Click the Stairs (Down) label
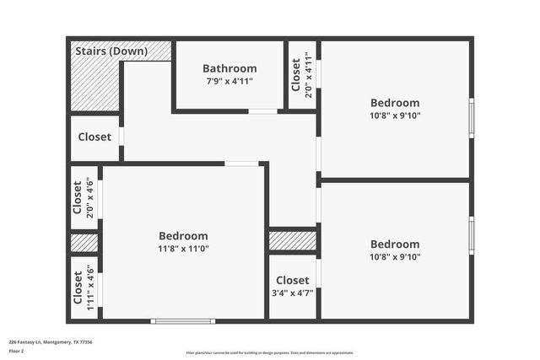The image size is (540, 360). point(111,51)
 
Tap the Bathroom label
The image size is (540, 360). point(229,68)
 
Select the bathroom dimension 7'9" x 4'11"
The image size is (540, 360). point(229,81)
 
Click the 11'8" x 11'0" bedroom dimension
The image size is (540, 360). point(183,250)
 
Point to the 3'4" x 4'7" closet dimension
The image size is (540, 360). point(292,293)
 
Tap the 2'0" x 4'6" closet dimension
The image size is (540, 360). point(90,198)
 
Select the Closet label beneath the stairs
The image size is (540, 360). point(94,137)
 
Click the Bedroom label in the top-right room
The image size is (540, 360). point(395,103)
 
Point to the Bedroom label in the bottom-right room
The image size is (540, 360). point(395,244)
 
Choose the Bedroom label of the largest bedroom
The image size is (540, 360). point(183,236)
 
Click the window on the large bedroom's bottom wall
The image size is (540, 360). point(183,320)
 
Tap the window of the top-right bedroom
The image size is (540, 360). point(471,119)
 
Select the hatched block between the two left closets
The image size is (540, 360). point(84,243)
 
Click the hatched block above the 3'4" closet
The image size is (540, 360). point(292,241)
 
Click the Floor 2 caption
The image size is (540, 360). point(17,352)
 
